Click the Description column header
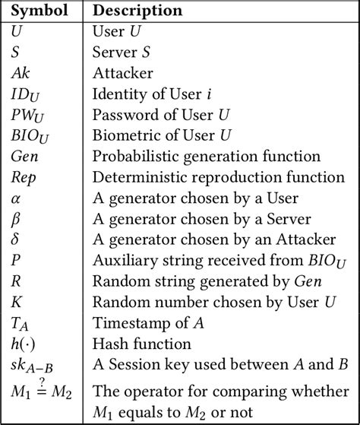point(137,11)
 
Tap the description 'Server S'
point(124,53)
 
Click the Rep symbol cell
point(23,177)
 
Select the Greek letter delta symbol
point(16,239)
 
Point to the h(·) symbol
point(24,342)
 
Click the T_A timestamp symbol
point(21,322)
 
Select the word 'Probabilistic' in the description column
point(131,157)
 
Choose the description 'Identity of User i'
point(152,94)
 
